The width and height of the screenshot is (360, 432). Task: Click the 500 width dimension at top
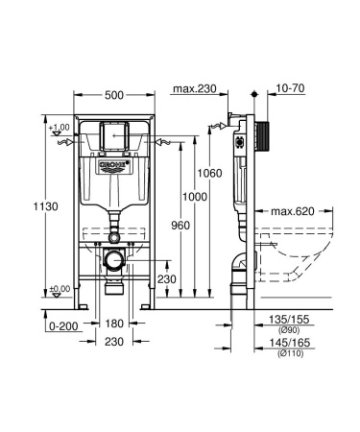pos(113,96)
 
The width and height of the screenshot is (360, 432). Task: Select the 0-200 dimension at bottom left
pos(62,326)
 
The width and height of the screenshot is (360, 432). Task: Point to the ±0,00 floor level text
pos(60,288)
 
